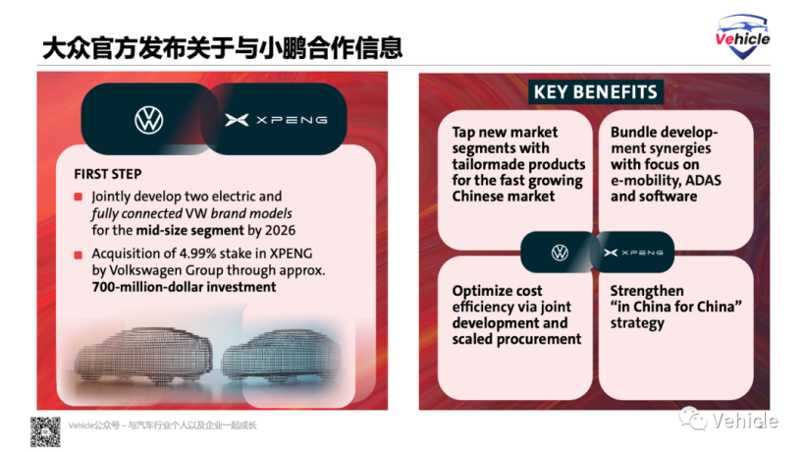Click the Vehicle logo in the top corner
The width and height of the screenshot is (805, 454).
[x=742, y=36]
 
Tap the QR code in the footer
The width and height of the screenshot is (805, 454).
[x=45, y=432]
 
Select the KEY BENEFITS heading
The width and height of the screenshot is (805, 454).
[x=596, y=92]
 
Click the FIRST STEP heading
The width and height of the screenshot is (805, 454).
[x=108, y=174]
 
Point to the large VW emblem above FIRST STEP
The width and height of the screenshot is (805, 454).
[x=149, y=120]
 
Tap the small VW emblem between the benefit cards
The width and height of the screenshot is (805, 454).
[x=560, y=253]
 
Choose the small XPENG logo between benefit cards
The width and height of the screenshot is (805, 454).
[x=633, y=253]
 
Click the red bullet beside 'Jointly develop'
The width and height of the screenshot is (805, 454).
[x=78, y=197]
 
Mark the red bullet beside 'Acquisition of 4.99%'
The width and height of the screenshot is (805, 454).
[x=78, y=255]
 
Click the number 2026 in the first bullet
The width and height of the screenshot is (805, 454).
[x=280, y=230]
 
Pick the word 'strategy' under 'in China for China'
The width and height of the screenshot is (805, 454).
[x=637, y=323]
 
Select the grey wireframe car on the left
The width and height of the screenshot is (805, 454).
[x=143, y=356]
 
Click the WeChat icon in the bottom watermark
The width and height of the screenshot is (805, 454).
[x=694, y=418]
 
